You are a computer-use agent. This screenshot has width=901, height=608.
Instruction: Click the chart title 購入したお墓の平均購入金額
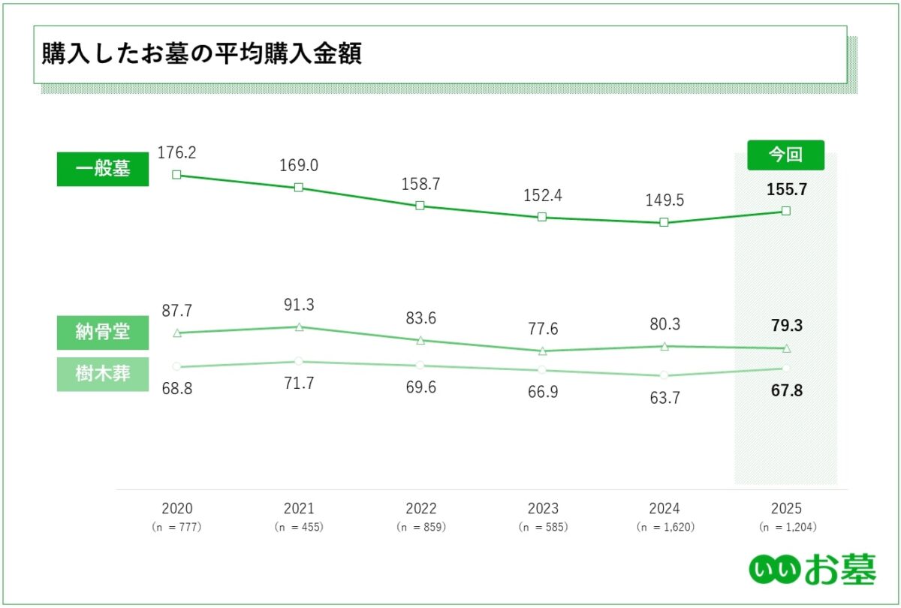pyautogui.click(x=201, y=55)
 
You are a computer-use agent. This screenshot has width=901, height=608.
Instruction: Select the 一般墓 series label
pyautogui.click(x=103, y=169)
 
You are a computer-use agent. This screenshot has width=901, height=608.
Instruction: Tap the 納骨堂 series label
pyautogui.click(x=103, y=333)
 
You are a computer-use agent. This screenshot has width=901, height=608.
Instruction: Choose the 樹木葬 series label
pyautogui.click(x=103, y=374)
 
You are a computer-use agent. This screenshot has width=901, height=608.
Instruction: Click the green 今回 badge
pyautogui.click(x=785, y=155)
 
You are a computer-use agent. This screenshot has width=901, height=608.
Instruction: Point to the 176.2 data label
pyautogui.click(x=176, y=152)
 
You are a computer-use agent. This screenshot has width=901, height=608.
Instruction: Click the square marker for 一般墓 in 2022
pyautogui.click(x=420, y=206)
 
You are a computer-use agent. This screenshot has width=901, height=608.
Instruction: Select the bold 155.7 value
pyautogui.click(x=785, y=190)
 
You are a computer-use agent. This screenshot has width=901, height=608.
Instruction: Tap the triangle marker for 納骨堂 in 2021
pyautogui.click(x=299, y=327)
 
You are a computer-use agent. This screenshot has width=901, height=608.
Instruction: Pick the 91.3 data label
pyautogui.click(x=299, y=306)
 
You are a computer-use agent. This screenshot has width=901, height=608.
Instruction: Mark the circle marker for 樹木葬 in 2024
pyautogui.click(x=664, y=375)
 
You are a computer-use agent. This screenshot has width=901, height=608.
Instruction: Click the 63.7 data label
pyautogui.click(x=664, y=399)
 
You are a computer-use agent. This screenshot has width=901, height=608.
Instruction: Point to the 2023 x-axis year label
pyautogui.click(x=543, y=509)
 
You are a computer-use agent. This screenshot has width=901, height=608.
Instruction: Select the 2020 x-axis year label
pyautogui.click(x=176, y=509)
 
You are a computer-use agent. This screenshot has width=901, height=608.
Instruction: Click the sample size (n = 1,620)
pyautogui.click(x=664, y=527)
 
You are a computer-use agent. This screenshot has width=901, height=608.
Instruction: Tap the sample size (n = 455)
pyautogui.click(x=299, y=527)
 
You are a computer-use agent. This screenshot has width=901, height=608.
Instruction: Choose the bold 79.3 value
pyautogui.click(x=785, y=327)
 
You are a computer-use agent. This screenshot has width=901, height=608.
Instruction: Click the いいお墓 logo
pyautogui.click(x=812, y=570)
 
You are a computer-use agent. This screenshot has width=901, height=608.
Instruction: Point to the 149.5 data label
pyautogui.click(x=664, y=200)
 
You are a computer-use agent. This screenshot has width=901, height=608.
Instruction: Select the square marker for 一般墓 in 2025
pyautogui.click(x=786, y=211)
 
